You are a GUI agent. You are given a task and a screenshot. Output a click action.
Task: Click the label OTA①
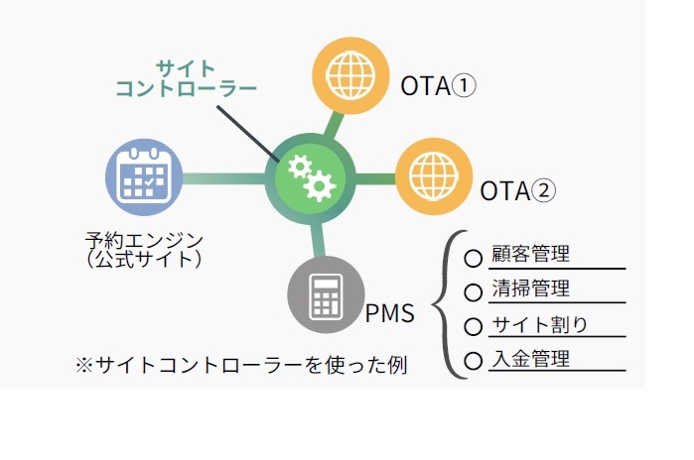click(440, 86)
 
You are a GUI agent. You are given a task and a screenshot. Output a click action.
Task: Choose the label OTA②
click(517, 188)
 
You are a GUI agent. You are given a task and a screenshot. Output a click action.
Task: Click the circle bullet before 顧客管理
click(474, 257)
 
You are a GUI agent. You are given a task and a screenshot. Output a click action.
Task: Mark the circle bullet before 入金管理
click(474, 360)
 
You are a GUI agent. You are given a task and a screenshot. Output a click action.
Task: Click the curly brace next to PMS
click(446, 305)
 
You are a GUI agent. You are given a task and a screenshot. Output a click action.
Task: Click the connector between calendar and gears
click(223, 179)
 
